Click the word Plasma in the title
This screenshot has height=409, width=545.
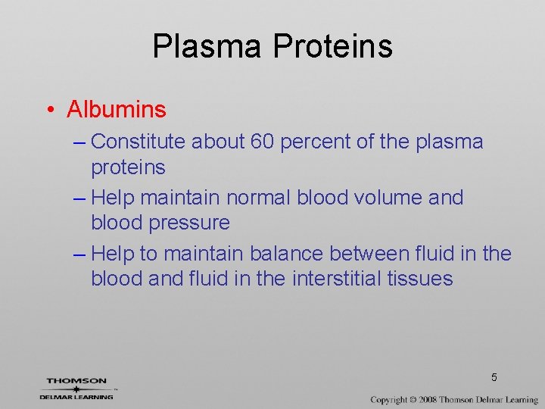207,46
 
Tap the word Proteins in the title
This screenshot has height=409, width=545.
332,46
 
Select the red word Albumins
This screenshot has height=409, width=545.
116,110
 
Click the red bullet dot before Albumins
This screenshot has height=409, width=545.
49,111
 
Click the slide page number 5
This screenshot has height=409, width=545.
494,377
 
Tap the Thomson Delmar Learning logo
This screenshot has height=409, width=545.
77,389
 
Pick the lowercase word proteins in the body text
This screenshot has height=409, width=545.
128,167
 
